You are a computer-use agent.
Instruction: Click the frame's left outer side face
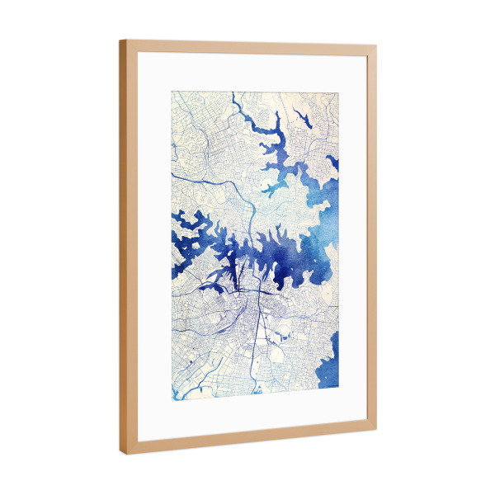tap(122, 247)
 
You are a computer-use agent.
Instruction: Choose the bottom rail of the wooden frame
tap(247, 441)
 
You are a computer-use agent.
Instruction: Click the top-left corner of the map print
tap(172, 90)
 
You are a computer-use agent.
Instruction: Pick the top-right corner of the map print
tap(338, 92)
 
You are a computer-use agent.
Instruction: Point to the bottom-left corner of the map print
tap(172, 399)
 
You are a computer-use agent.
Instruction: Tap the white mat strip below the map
tap(247, 412)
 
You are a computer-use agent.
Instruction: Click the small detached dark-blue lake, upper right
tap(302, 120)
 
